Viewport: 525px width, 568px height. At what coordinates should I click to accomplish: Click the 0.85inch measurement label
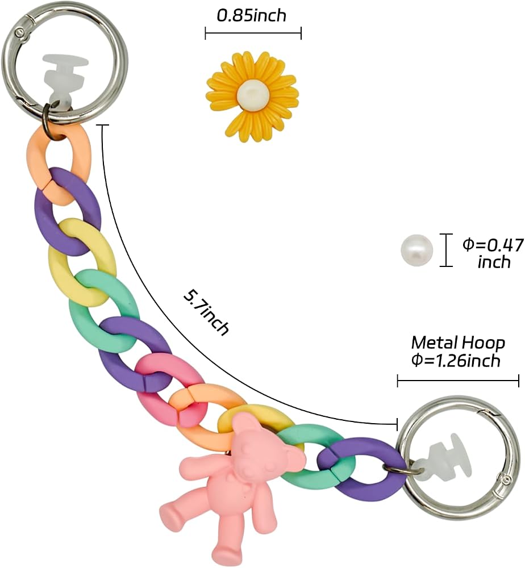(x=252, y=15)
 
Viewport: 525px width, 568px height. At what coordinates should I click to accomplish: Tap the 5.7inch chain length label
(x=206, y=312)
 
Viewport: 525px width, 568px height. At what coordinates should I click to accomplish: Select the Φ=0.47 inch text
(x=494, y=253)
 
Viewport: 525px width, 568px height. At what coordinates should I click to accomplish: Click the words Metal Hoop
(x=458, y=343)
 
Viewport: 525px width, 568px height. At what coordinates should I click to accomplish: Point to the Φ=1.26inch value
(x=456, y=361)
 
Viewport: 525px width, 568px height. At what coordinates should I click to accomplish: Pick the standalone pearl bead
(x=416, y=250)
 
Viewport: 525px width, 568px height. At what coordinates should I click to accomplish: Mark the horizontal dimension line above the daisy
(x=253, y=34)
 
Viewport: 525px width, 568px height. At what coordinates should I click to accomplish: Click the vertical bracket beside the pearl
(x=446, y=250)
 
